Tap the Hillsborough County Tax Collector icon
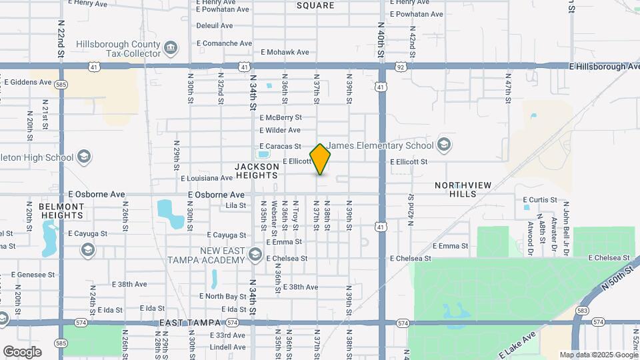click(x=171, y=47)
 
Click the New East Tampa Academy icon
click(x=254, y=254)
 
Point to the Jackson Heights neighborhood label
click(x=256, y=171)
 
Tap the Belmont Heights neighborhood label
click(x=61, y=211)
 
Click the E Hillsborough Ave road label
click(x=605, y=67)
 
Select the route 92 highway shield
click(x=400, y=67)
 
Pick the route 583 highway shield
click(x=583, y=311)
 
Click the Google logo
click(x=22, y=351)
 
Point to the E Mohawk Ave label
click(x=285, y=52)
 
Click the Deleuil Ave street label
click(x=214, y=26)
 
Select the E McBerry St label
click(x=281, y=117)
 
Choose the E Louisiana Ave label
click(x=207, y=178)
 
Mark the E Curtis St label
click(x=539, y=199)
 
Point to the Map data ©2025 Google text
click(x=599, y=355)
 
